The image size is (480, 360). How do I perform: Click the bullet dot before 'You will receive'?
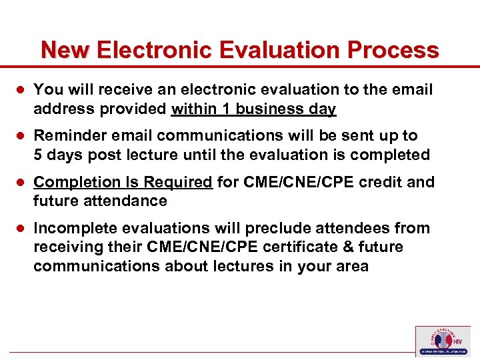tap(21, 90)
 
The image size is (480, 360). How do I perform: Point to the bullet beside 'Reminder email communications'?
tap(21, 136)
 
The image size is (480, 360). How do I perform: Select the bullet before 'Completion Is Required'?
tap(21, 183)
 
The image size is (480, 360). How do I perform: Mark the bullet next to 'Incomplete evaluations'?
tap(21, 229)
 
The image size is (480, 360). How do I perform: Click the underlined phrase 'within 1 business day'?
tap(253, 109)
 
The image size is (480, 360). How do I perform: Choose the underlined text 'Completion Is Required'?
tap(123, 182)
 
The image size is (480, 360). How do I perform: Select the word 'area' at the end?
tap(352, 266)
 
